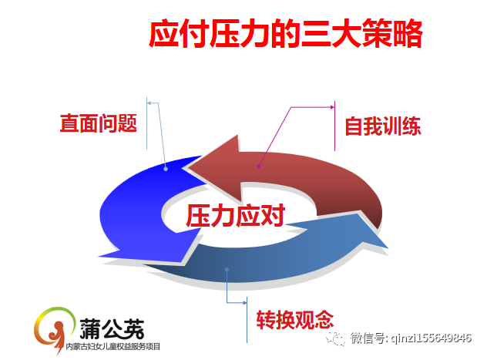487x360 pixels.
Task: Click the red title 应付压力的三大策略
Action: coord(285,34)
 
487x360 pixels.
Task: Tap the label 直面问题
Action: coord(98,123)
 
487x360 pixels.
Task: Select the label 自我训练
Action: coord(383,126)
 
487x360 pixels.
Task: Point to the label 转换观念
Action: coord(295,320)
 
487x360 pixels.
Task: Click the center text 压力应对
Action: coord(236,215)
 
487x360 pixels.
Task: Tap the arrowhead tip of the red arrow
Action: coord(189,168)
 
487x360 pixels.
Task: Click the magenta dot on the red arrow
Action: coord(258,167)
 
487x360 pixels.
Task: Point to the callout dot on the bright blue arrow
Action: coord(166,169)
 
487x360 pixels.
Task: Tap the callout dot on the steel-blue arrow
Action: coord(227,269)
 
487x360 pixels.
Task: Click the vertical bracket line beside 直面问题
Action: coord(146,123)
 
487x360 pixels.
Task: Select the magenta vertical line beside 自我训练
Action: coord(334,126)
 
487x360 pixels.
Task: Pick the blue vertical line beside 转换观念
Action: coord(247,320)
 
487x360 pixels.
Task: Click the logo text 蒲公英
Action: coord(112,328)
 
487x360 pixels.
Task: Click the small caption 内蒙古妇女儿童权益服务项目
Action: coord(113,346)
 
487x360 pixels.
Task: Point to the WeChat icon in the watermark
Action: coord(334,338)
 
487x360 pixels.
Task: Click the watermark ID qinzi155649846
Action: coord(432,338)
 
